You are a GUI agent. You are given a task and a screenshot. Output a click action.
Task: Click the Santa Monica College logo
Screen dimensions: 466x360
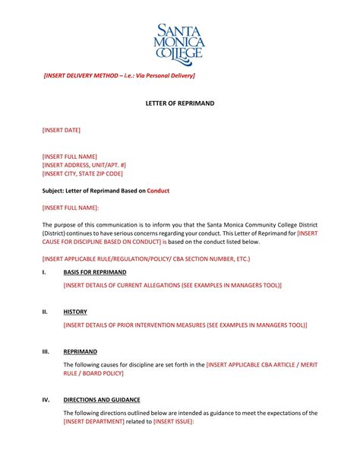[180, 42]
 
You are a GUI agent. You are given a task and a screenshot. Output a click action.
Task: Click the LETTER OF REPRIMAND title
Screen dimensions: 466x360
[180, 102]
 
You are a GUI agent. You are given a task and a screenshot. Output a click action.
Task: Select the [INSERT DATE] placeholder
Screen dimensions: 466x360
[61, 130]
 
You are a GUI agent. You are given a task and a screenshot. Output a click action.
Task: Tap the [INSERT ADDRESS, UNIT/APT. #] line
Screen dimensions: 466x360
[84, 164]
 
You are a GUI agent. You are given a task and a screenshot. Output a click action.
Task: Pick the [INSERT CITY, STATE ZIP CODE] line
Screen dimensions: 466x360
[82, 173]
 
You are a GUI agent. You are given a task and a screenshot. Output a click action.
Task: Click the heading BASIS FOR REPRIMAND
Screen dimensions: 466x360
[95, 271]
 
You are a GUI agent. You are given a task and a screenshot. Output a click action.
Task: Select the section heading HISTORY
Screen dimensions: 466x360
[75, 312]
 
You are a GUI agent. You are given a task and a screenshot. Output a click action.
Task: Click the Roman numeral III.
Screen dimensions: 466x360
[46, 352]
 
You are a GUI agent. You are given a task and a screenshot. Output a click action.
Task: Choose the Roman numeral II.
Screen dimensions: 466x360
[45, 312]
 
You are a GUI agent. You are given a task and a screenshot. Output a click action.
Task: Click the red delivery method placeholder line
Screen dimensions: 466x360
[119, 76]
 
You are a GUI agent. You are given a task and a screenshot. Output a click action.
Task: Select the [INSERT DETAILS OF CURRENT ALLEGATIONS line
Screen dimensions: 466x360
[172, 285]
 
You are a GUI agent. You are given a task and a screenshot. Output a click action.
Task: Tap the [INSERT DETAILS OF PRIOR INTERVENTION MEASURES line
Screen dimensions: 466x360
[185, 325]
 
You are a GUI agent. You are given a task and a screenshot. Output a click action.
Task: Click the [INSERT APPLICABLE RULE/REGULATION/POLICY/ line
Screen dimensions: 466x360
[146, 258]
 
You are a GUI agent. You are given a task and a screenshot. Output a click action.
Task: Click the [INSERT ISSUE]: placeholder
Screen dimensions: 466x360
[173, 421]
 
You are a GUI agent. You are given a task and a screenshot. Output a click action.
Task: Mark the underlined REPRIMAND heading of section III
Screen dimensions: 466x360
[80, 352]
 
